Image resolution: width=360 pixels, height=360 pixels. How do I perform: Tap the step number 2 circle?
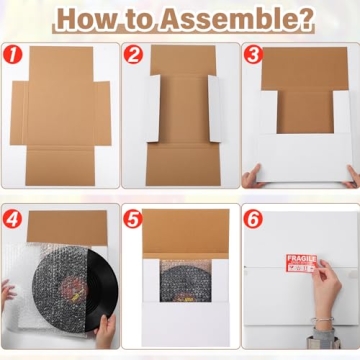133,55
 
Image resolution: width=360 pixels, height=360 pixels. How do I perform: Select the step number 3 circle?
253,55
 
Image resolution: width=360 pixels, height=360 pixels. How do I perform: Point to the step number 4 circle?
12,217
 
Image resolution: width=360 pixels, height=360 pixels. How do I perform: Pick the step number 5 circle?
133,217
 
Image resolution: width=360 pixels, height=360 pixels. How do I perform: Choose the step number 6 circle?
253,217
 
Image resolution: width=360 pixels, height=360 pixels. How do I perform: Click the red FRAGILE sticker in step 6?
301,263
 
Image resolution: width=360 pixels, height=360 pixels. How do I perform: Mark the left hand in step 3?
251,178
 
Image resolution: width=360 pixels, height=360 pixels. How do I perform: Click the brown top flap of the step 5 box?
180,235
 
